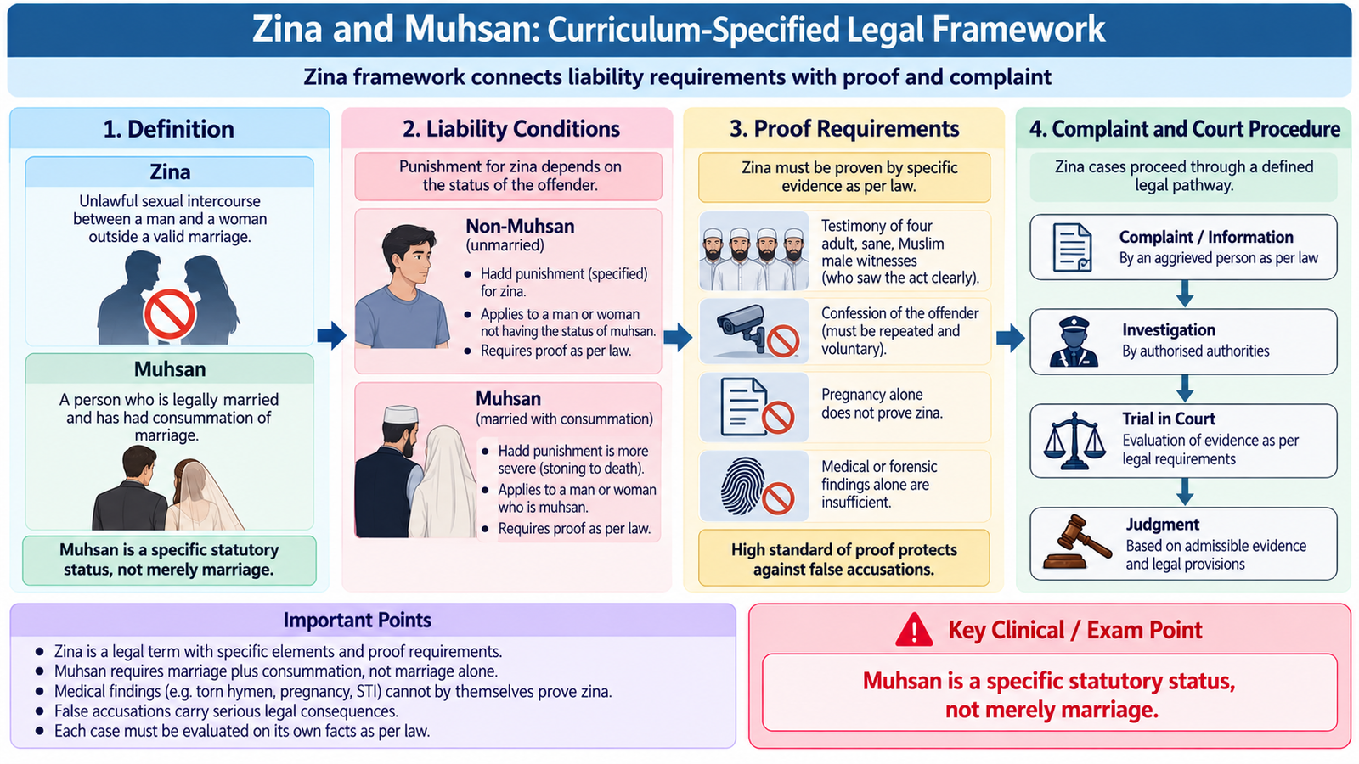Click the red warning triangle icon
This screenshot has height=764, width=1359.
914,630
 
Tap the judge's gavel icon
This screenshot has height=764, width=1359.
1077,542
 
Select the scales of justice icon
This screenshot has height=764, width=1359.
1074,441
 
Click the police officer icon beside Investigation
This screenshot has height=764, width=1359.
1074,341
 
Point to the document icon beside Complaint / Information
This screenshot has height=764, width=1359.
1072,247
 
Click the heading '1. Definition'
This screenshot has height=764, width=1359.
169,129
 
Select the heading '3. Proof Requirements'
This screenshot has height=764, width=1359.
844,128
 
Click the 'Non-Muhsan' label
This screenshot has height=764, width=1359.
520,226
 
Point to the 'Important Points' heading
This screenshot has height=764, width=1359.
358,620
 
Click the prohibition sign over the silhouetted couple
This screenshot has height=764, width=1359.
169,314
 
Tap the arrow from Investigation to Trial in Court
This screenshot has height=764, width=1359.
1184,389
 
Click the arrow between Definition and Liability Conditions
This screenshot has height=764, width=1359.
332,335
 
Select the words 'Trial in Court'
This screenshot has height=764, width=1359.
1169,419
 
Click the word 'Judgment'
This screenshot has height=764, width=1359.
1163,525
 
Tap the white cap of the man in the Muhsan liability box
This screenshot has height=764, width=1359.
401,415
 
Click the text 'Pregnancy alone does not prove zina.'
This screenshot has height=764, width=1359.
882,404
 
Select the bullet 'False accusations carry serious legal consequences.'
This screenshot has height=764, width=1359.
226,711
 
